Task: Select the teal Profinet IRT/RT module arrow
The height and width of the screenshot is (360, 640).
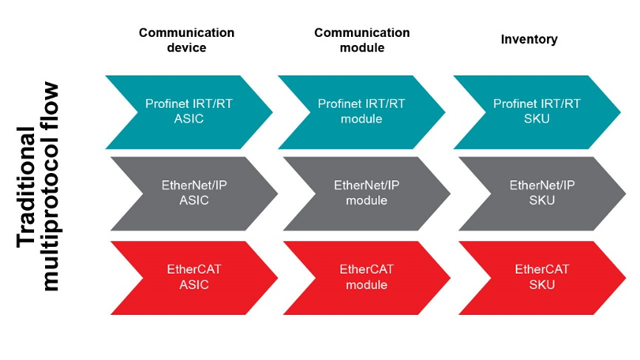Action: tap(361, 111)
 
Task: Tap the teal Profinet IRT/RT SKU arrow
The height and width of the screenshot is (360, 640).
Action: tap(536, 111)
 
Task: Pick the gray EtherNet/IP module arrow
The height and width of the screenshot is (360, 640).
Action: tap(361, 193)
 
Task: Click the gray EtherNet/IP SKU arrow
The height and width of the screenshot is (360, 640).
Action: tap(536, 193)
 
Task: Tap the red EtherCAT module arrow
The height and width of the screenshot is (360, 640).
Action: tap(361, 277)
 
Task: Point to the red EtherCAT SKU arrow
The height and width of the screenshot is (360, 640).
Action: tap(536, 277)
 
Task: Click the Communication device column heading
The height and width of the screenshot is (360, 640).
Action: tap(186, 40)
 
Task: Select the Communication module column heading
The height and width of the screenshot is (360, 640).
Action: tap(361, 40)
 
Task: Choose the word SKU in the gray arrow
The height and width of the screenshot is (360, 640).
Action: tap(537, 201)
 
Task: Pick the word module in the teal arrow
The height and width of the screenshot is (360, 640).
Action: tap(361, 118)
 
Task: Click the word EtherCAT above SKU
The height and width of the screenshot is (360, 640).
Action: tap(537, 269)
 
